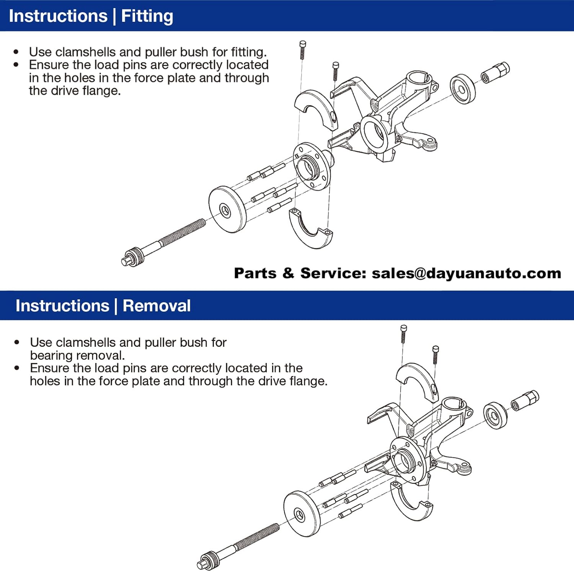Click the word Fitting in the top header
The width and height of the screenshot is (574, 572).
147,16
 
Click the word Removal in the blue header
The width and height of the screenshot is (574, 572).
157,306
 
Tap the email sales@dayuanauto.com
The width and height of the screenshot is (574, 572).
466,273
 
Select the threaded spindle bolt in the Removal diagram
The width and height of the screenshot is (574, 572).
239,546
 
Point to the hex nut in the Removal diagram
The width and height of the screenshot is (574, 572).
525,400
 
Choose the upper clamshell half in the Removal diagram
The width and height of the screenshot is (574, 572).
417,381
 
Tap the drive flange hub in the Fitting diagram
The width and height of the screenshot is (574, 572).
312,167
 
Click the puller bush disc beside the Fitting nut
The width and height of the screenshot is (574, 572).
463,90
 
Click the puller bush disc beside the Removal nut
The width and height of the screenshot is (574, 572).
495,416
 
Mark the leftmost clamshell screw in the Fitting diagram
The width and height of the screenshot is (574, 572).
302,50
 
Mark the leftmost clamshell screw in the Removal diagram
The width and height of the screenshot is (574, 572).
403,334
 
